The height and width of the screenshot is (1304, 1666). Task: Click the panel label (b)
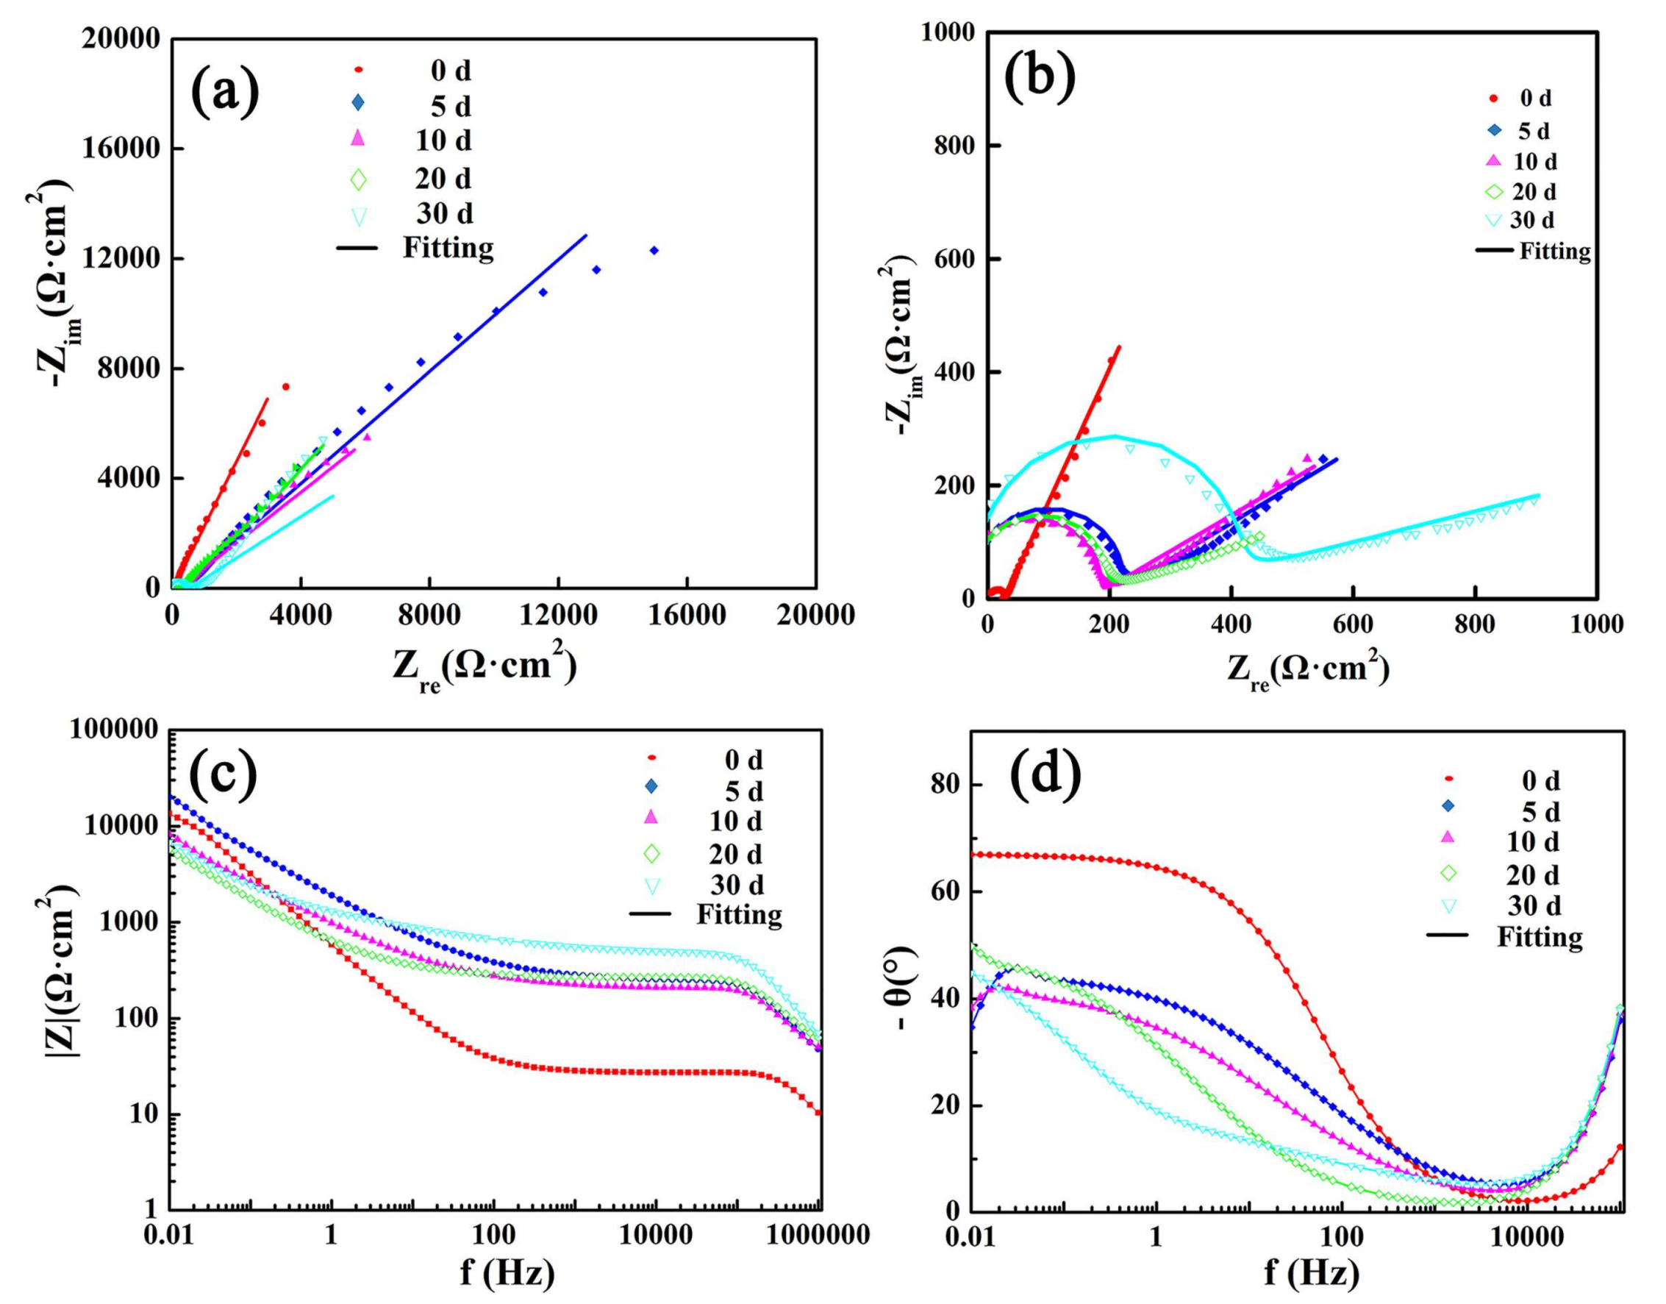(x=1040, y=79)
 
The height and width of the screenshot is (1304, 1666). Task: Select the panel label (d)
(x=1045, y=774)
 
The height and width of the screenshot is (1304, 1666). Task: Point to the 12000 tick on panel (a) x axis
(x=558, y=615)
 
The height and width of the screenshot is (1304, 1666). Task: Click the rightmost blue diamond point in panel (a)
(x=654, y=250)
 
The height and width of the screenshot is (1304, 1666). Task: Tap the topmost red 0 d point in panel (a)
(x=285, y=387)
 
